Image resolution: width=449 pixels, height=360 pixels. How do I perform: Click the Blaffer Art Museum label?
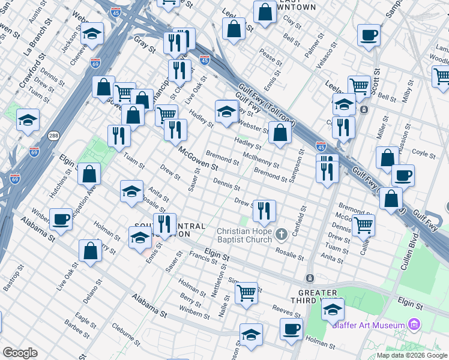coord(376,325)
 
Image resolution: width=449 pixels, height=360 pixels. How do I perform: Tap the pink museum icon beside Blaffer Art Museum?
coord(414,325)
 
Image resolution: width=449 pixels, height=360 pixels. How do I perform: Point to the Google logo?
coord(20,352)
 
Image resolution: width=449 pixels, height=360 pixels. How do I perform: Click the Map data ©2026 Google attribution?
coord(412,355)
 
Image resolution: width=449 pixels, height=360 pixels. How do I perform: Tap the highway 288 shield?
coord(54,136)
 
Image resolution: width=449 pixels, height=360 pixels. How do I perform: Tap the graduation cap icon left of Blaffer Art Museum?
coord(333,310)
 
